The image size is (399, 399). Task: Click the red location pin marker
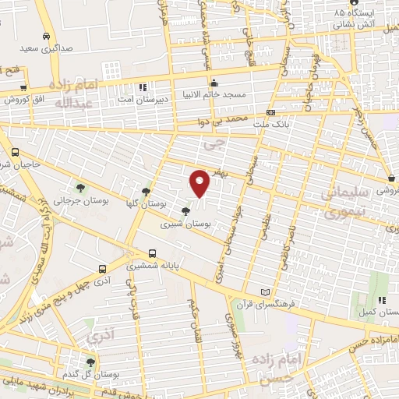point(200,183)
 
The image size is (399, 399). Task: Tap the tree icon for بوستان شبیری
point(185,211)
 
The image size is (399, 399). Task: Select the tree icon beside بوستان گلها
point(146,191)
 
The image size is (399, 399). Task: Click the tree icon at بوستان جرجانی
point(81,187)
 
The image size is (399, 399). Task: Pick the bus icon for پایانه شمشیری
point(153,253)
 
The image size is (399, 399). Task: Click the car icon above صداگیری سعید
point(48,36)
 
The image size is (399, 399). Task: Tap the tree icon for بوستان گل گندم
point(90,362)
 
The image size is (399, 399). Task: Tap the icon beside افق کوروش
point(23,88)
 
